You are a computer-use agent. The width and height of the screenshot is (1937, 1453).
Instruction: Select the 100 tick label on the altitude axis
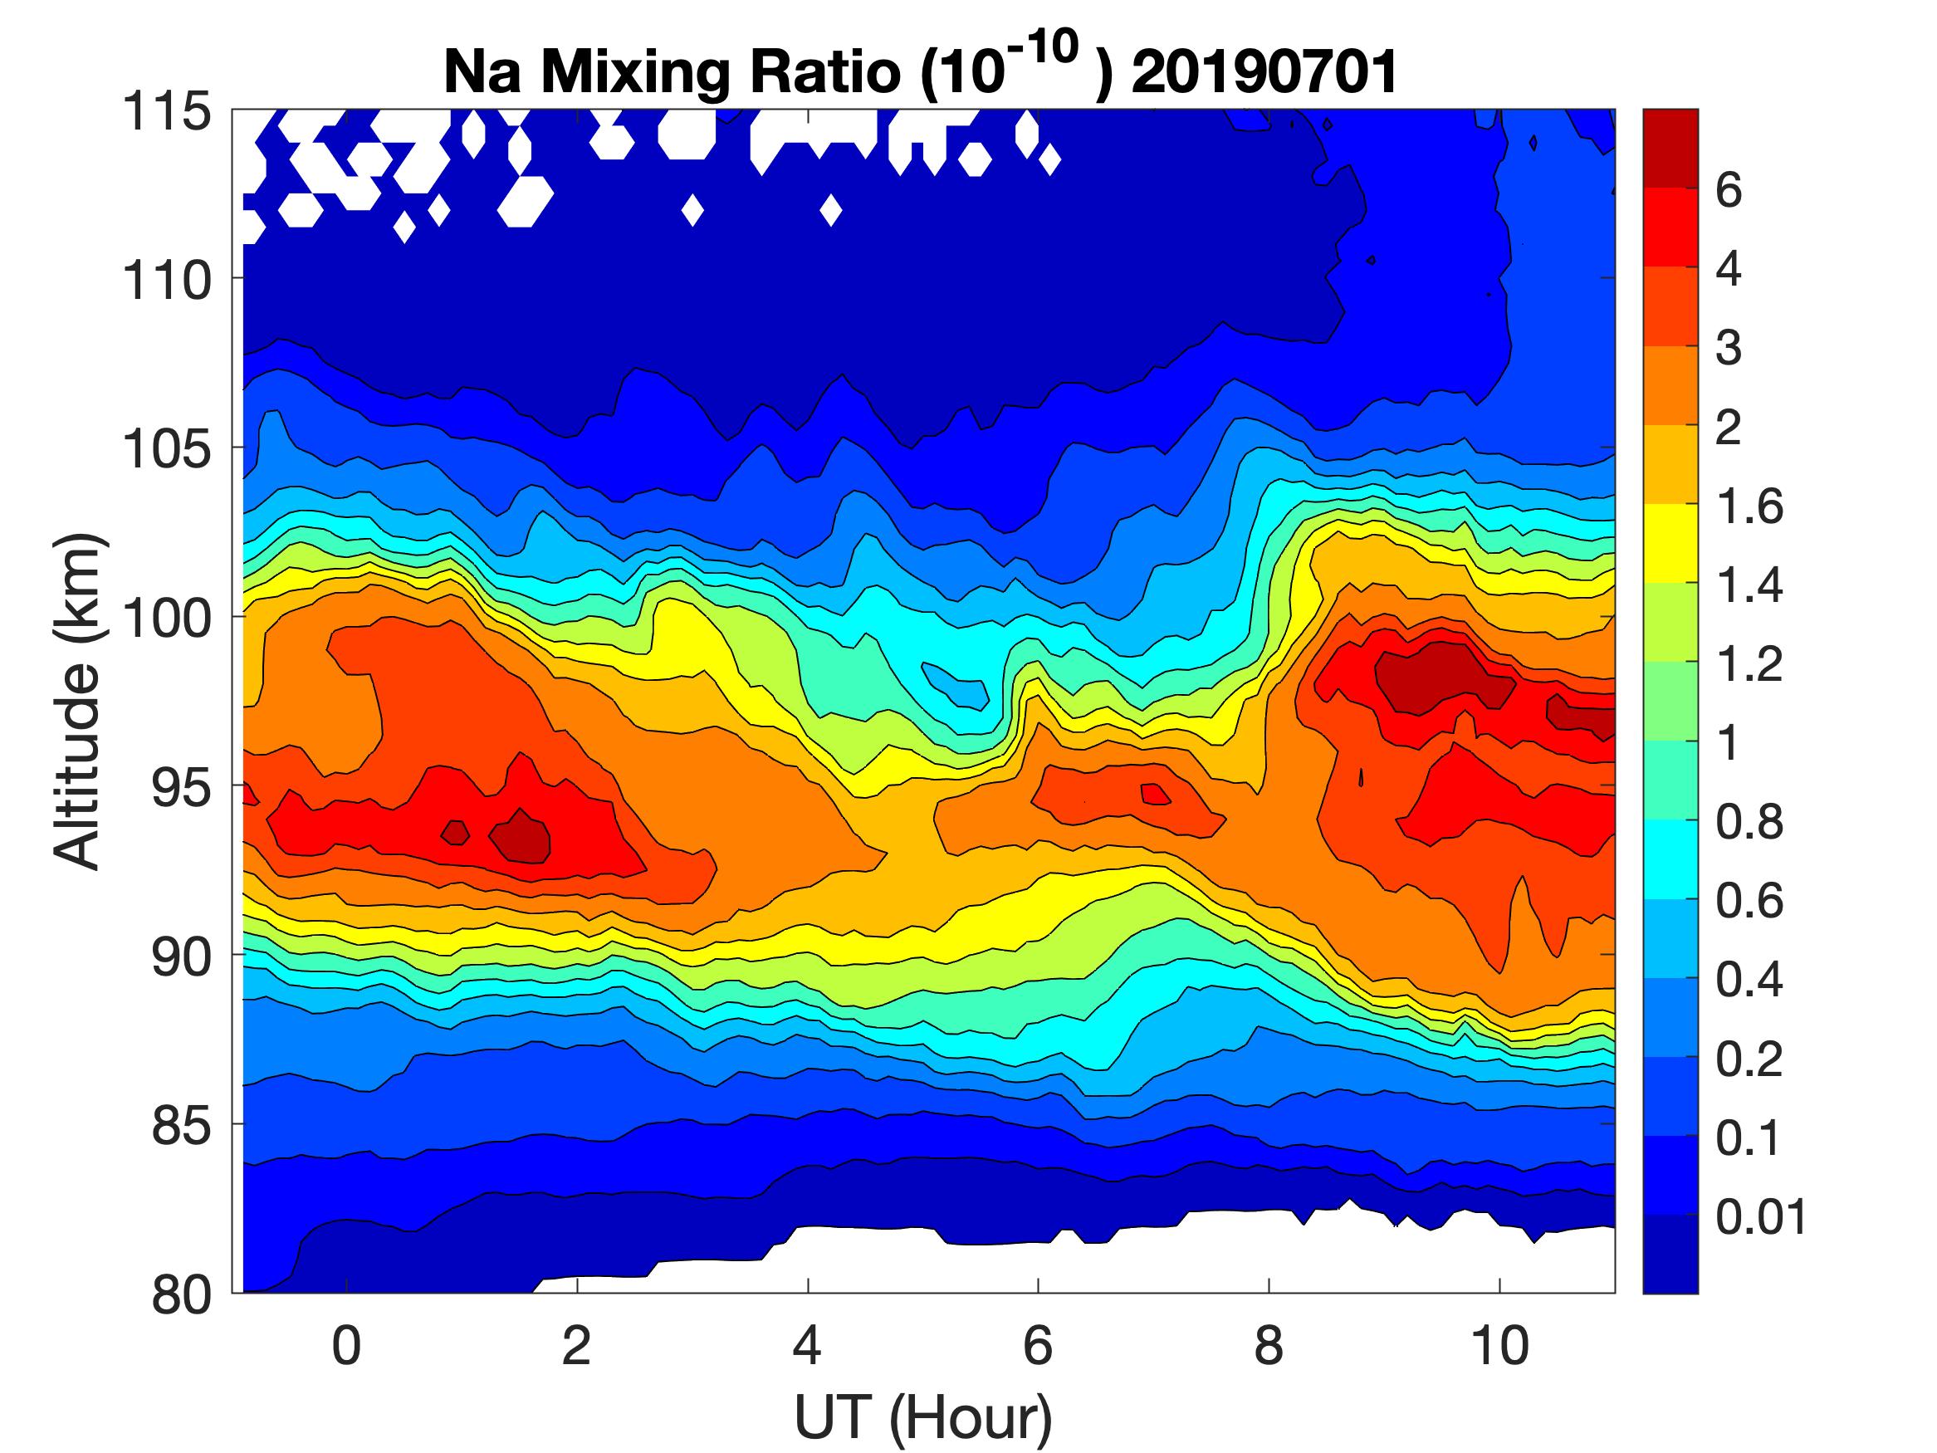[167, 618]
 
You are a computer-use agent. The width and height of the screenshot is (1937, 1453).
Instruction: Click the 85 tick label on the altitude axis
[182, 1124]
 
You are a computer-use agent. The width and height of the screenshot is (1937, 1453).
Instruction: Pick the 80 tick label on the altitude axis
[182, 1294]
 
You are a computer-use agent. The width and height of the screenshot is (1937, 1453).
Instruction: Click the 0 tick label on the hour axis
[347, 1344]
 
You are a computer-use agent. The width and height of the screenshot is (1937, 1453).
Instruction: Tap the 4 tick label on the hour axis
[807, 1344]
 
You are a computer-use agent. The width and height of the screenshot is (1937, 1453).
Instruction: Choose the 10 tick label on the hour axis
[1500, 1344]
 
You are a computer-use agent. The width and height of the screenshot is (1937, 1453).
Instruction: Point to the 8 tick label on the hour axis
[1269, 1344]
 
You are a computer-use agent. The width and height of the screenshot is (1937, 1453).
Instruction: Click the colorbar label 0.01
[1760, 1216]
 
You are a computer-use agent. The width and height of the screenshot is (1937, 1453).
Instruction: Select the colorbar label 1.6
[1749, 506]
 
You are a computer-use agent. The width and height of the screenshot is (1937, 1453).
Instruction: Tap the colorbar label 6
[1729, 190]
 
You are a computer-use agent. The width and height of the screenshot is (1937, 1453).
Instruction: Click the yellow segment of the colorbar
[1670, 543]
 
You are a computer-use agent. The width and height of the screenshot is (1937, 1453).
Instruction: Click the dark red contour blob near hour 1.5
[522, 836]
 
